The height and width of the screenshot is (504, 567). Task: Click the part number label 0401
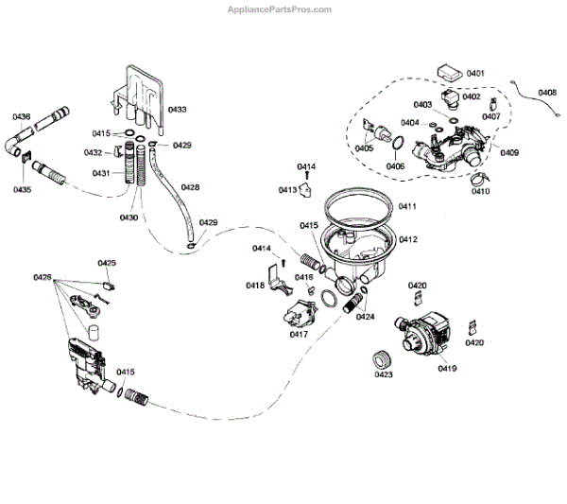click(475, 74)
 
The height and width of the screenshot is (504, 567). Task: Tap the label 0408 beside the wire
click(547, 92)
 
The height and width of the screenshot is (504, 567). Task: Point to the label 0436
click(21, 116)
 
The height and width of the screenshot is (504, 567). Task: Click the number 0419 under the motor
click(447, 368)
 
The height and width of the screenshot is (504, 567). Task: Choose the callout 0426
click(42, 277)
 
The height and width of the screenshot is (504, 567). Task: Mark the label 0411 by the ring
click(407, 206)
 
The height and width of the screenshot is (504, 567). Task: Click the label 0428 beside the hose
click(190, 187)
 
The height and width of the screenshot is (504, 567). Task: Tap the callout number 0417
click(299, 334)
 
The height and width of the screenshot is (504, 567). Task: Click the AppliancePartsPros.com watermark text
click(283, 9)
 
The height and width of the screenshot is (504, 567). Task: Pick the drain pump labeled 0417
click(297, 311)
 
